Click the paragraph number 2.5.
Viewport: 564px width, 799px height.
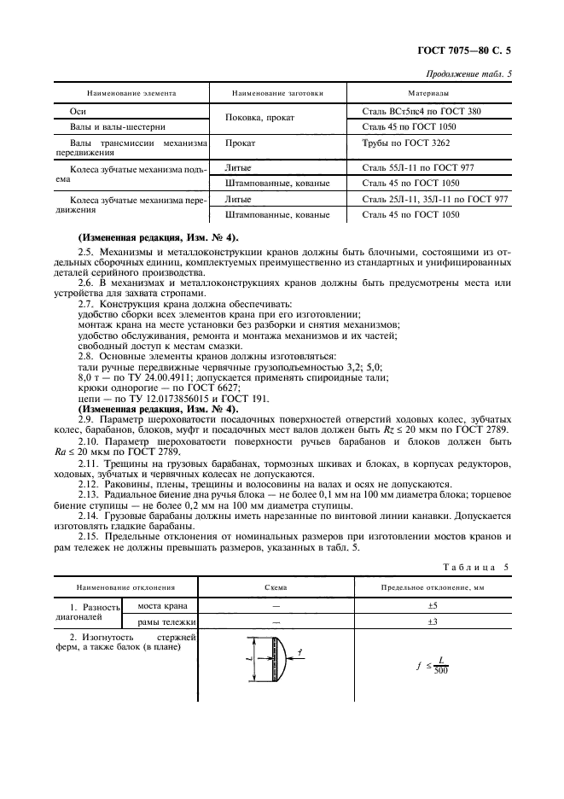tap(86, 253)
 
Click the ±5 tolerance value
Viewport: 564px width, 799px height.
tap(432, 605)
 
